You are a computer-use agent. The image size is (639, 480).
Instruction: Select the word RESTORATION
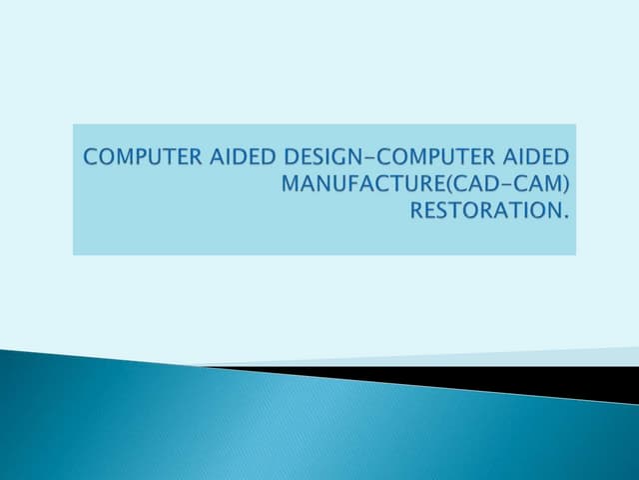(478, 210)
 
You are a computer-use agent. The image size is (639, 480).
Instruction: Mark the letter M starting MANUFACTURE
(293, 183)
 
